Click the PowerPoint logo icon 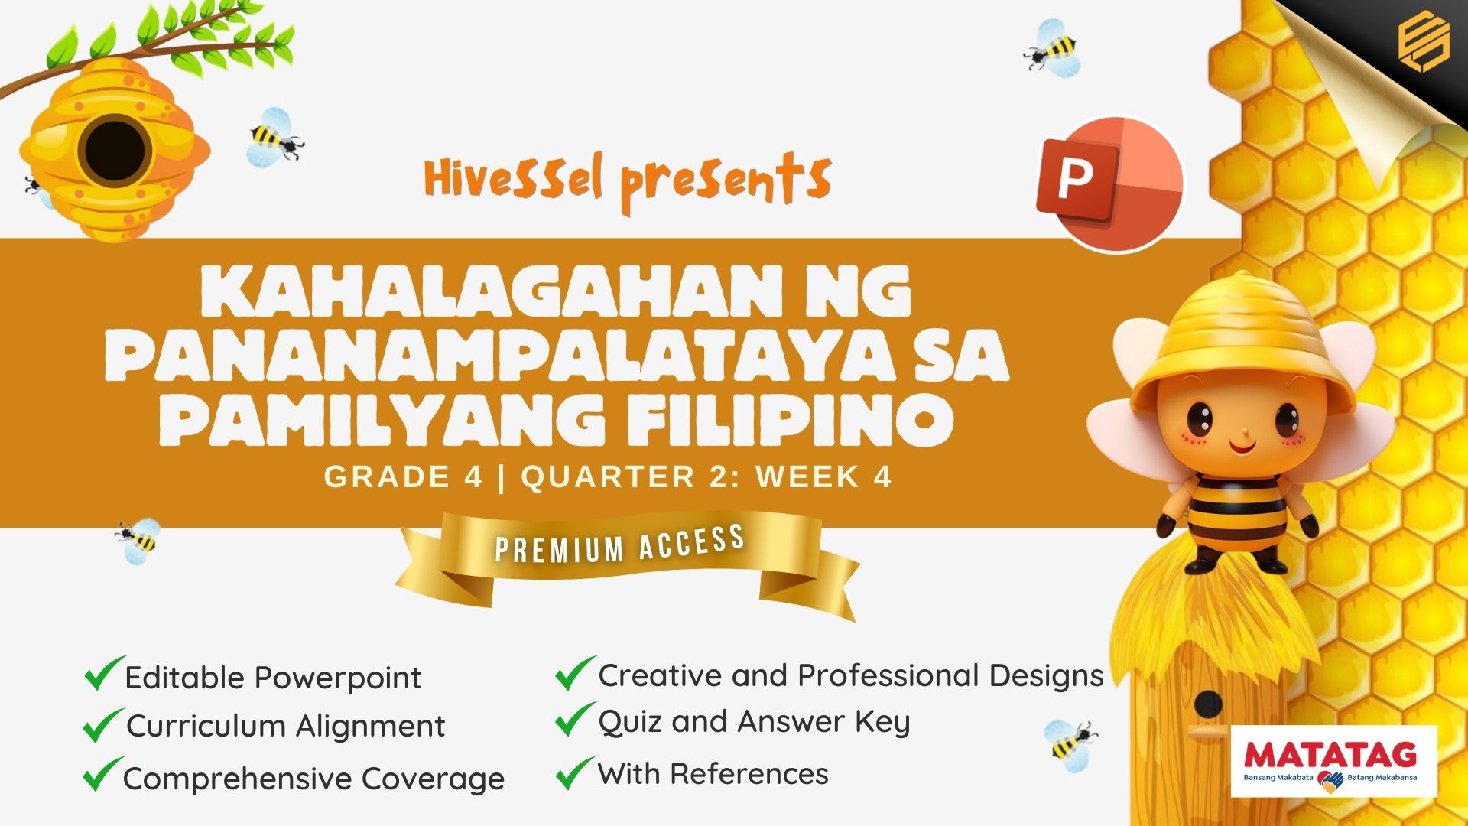point(1109,184)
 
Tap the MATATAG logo point(1334,762)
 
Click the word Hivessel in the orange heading point(514,177)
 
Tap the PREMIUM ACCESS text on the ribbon point(620,544)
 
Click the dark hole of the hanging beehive point(115,151)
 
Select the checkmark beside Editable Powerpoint point(104,673)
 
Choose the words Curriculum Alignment point(285,726)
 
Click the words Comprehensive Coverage point(313,779)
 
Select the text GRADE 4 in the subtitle point(403,476)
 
